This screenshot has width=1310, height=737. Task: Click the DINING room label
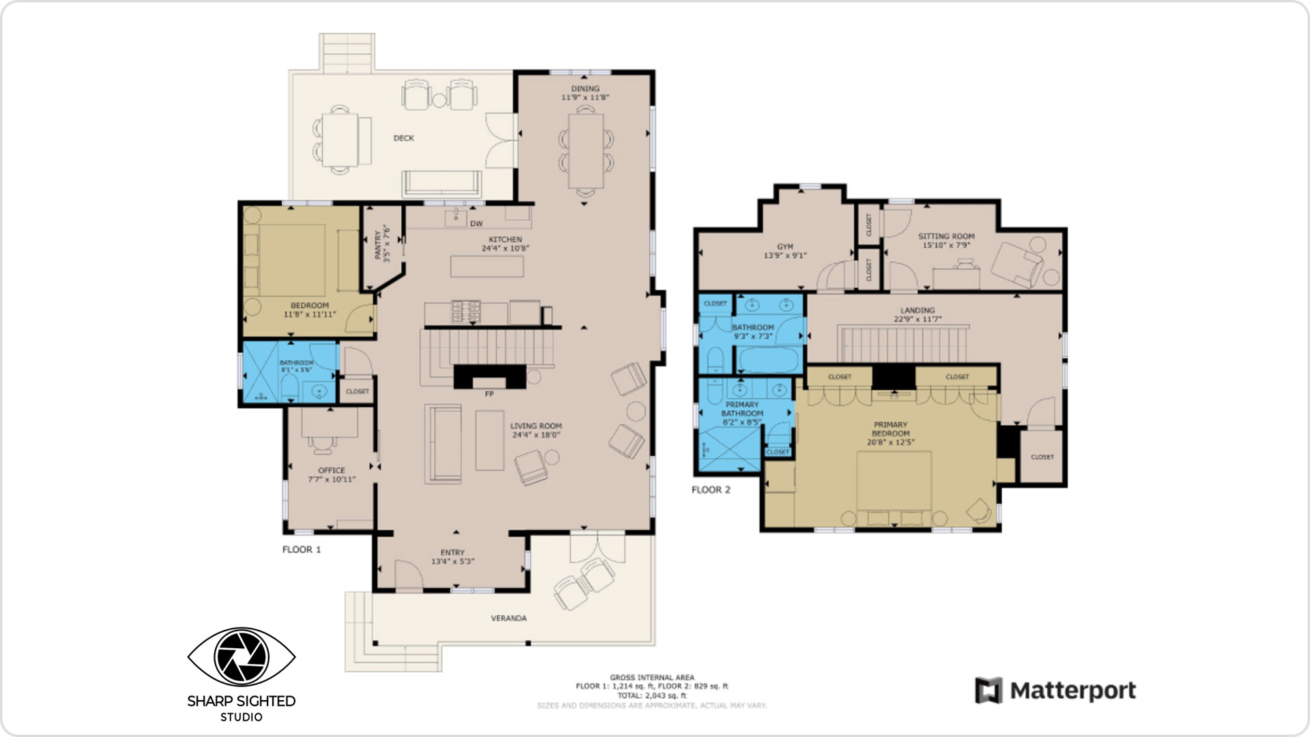[x=585, y=89]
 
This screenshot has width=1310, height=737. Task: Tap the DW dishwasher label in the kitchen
[x=476, y=224]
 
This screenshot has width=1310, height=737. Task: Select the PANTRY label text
[x=378, y=245]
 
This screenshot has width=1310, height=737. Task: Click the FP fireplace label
[x=489, y=394]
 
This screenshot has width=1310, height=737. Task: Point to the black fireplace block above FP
[x=489, y=377]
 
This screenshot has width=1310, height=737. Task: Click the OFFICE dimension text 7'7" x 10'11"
[x=332, y=480]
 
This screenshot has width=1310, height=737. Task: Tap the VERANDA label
[x=508, y=618]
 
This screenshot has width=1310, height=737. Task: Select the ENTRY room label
[x=452, y=553]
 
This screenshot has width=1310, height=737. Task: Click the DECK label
[x=403, y=138]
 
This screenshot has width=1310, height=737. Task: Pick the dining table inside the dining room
[x=585, y=151]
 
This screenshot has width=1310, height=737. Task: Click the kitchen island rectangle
[x=486, y=266]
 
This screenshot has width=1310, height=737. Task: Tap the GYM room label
[x=785, y=247]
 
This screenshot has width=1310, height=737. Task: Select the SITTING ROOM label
[x=946, y=236]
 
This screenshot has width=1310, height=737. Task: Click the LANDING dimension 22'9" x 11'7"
[x=917, y=319]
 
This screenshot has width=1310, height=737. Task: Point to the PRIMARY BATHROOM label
[x=742, y=409]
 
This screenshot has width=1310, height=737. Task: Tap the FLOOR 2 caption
[x=711, y=490]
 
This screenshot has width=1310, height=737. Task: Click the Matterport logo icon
[x=988, y=691]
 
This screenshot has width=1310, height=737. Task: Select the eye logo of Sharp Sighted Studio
[x=241, y=656]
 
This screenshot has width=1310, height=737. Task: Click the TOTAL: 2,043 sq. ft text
[x=652, y=695]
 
